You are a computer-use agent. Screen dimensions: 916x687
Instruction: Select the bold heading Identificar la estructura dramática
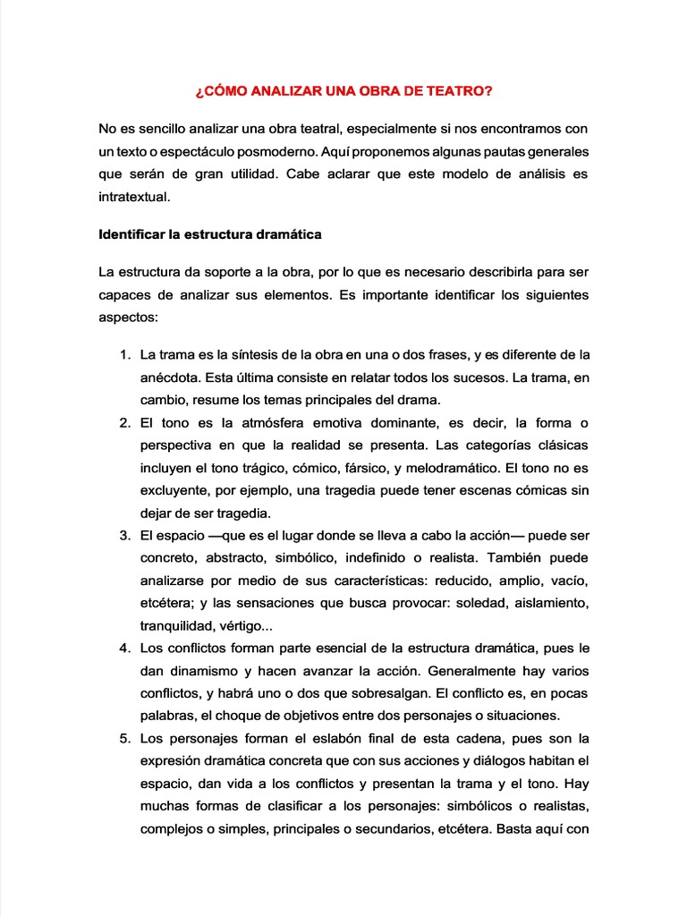[x=209, y=235]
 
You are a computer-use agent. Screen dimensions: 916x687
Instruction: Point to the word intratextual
[x=133, y=197]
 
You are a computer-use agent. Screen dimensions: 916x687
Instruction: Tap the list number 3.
[x=124, y=535]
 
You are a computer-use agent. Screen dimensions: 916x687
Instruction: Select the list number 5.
[x=124, y=738]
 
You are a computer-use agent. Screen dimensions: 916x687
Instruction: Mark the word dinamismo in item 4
[x=208, y=670]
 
